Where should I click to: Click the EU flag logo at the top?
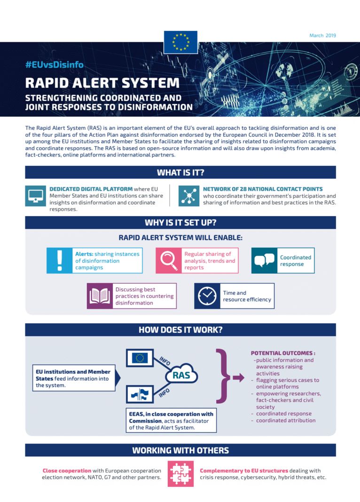coord(180,42)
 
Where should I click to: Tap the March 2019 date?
coord(322,36)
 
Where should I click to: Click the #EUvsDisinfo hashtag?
coord(55,65)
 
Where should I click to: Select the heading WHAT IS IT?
coord(180,173)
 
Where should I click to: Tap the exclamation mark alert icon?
coord(59,261)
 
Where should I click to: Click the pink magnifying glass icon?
coord(168,261)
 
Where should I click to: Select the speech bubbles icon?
coord(264,261)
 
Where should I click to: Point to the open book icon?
coord(100,296)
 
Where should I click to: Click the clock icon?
coord(207,296)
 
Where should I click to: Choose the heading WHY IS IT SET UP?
coord(180,223)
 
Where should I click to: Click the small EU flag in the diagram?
coord(140,358)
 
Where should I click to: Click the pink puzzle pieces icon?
coord(181,473)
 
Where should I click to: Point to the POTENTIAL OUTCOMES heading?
coord(282,353)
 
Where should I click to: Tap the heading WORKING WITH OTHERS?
coord(180,450)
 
